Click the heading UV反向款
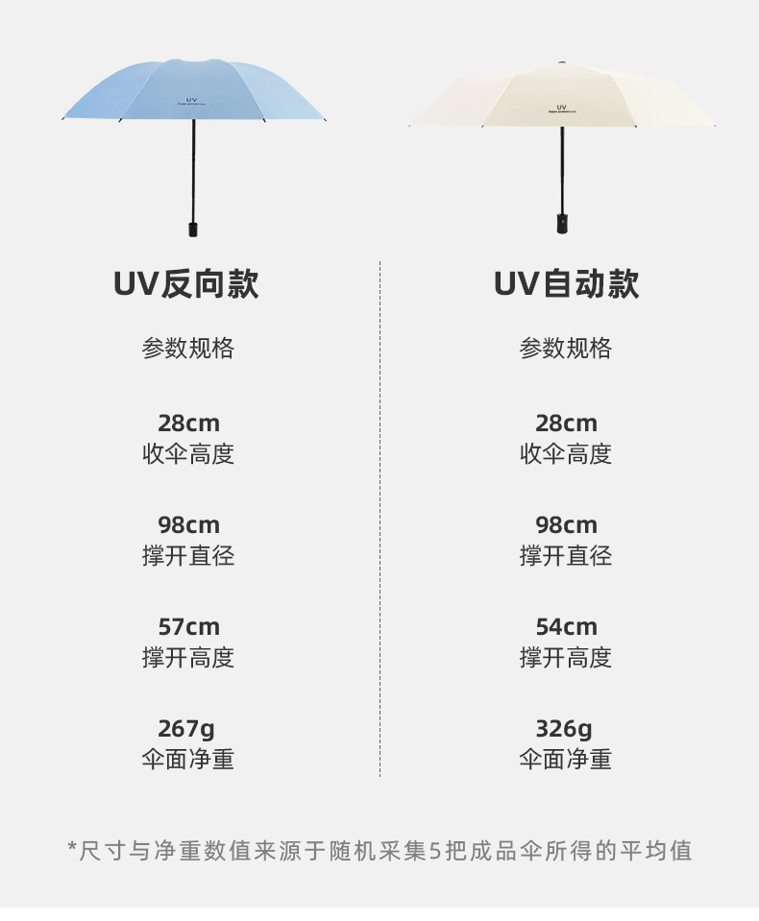tap(186, 284)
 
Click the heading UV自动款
tap(566, 284)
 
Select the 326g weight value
tap(565, 729)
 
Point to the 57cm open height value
tap(188, 627)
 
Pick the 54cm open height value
tap(566, 627)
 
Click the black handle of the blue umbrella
tap(192, 229)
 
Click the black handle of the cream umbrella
tap(561, 223)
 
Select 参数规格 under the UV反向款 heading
tap(188, 349)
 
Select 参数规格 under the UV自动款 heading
tap(566, 349)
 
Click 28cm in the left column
tap(188, 424)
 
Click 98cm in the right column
tap(566, 525)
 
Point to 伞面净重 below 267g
tap(188, 760)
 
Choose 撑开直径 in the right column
tap(566, 556)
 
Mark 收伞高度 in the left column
tap(188, 454)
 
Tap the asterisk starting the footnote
tap(72, 849)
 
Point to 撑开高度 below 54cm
tap(566, 658)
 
